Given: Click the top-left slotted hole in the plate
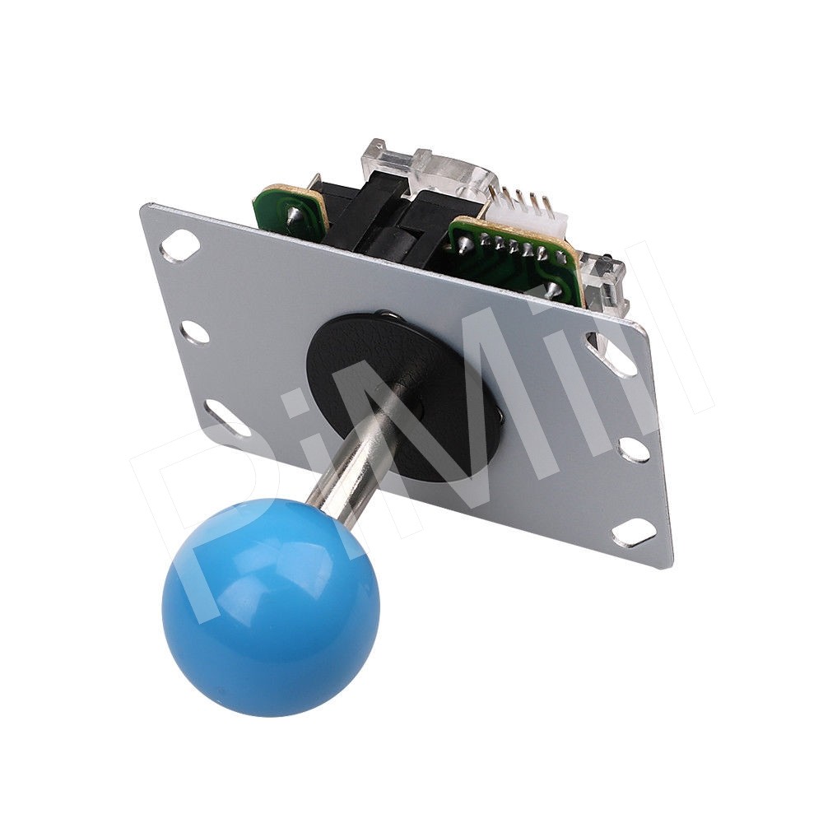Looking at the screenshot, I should pyautogui.click(x=179, y=242).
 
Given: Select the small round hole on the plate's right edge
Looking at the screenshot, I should pyautogui.click(x=632, y=448).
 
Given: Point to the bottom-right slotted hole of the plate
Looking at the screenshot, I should pyautogui.click(x=634, y=534).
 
